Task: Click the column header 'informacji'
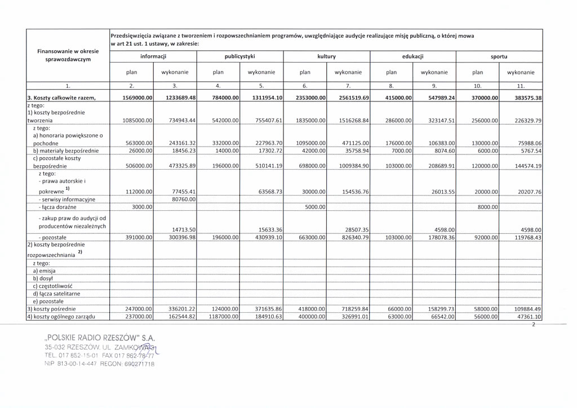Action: [153, 57]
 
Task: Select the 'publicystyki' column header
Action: [239, 57]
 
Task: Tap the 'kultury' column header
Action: [326, 57]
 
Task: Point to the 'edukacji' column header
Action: [412, 57]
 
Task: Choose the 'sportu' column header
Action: [499, 57]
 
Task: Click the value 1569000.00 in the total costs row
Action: [137, 98]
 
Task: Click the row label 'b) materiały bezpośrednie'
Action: [66, 151]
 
